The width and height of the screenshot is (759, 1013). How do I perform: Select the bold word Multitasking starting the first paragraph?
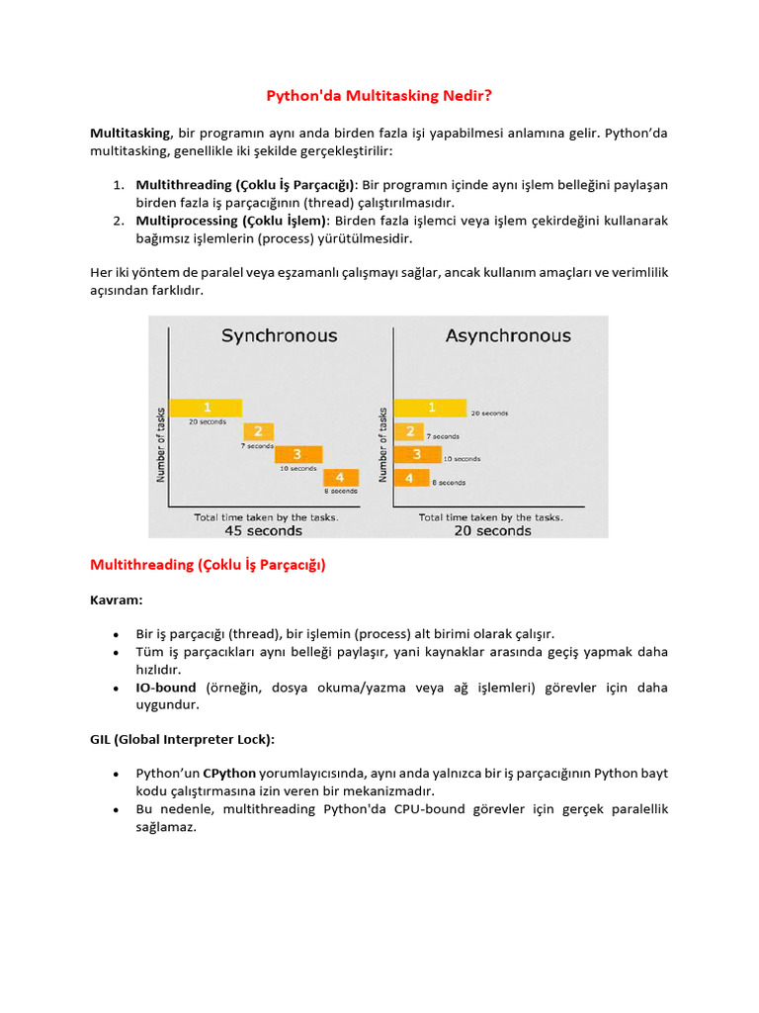(x=130, y=133)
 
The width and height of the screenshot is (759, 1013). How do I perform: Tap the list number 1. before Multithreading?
(x=118, y=185)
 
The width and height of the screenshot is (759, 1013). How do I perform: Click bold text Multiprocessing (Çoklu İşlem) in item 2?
(x=231, y=221)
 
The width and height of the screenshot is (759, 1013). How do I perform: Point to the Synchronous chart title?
(x=279, y=336)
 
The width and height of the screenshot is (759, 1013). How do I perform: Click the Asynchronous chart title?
(x=508, y=336)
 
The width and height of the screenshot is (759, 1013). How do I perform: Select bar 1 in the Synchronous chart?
(x=207, y=407)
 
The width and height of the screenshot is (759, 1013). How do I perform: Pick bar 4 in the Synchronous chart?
(x=340, y=478)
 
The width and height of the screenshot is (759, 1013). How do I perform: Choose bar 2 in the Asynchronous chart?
(x=409, y=431)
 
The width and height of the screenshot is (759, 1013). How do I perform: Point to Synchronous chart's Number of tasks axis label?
(x=160, y=444)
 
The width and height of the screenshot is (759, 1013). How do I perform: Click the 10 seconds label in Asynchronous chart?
(x=462, y=459)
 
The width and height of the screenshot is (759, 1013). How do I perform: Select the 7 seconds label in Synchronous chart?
(x=258, y=446)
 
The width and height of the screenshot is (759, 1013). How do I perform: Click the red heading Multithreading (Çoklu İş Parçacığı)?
(x=208, y=566)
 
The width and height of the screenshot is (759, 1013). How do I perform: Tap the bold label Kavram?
(x=115, y=600)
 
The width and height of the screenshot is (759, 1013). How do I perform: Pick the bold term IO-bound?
(x=166, y=688)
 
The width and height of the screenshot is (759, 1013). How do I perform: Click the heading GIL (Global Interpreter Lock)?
(x=183, y=739)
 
